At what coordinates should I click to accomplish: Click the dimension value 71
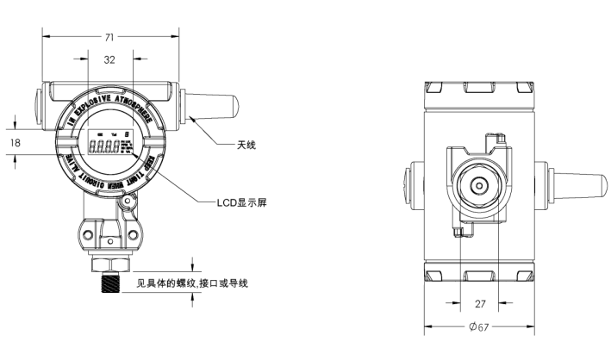pyautogui.click(x=110, y=37)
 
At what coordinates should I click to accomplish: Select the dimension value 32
pyautogui.click(x=109, y=60)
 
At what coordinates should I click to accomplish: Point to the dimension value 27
pyautogui.click(x=482, y=303)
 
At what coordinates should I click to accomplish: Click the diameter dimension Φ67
pyautogui.click(x=480, y=328)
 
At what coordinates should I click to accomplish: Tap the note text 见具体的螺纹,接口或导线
pyautogui.click(x=193, y=283)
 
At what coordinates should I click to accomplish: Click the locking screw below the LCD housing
pyautogui.click(x=128, y=203)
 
